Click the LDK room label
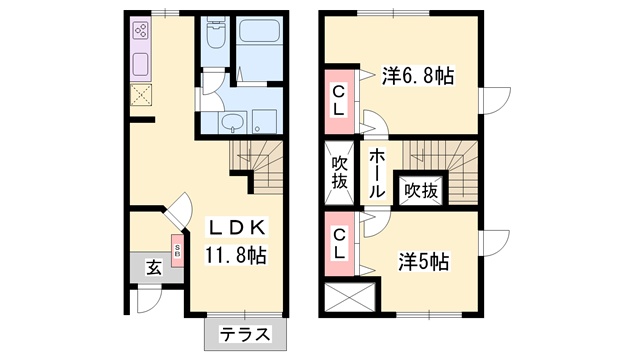[237, 227]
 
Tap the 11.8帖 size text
[236, 256]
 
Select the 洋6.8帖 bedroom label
[418, 76]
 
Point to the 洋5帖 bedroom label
[424, 262]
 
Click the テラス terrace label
[245, 335]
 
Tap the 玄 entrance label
[154, 268]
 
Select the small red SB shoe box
[177, 251]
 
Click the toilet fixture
[216, 34]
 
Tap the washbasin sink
[232, 122]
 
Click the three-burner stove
[141, 30]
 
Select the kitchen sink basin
[141, 64]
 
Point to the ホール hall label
[377, 173]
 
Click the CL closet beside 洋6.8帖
[339, 102]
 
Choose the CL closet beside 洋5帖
[339, 244]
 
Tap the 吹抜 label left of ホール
[339, 173]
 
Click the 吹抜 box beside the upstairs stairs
[421, 191]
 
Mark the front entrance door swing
[149, 300]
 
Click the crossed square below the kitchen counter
[141, 95]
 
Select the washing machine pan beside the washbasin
[264, 122]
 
